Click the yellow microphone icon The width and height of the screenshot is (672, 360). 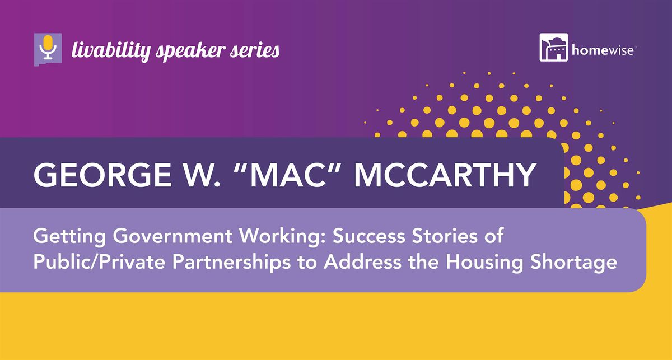[48, 48]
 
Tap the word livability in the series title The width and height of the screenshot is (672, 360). [111, 51]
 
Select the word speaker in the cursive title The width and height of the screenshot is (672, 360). [190, 51]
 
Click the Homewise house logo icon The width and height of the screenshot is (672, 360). [553, 48]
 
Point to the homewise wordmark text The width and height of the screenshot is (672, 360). [603, 50]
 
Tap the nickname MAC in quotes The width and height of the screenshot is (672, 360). [288, 175]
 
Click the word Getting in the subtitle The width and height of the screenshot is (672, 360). [69, 237]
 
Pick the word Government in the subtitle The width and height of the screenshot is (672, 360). [172, 236]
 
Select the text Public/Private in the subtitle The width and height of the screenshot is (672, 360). [99, 261]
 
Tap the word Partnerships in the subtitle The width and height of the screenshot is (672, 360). [231, 263]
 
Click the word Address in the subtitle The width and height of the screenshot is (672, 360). [362, 261]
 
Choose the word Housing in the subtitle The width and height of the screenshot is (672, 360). [484, 263]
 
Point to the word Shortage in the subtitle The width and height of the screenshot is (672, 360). [573, 263]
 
